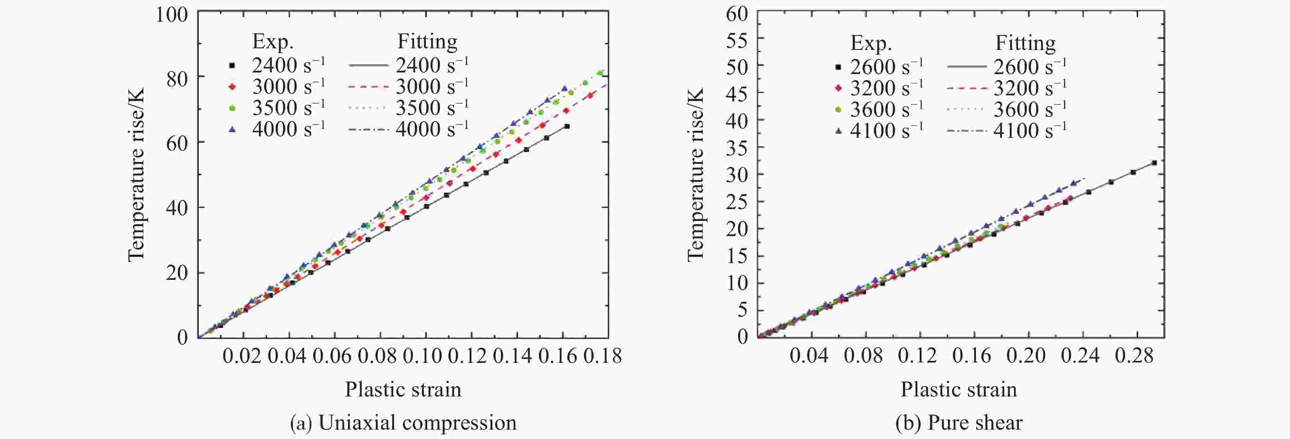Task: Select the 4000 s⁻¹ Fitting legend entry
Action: click(408, 130)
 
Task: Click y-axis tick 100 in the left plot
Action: click(172, 14)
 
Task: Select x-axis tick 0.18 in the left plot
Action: click(602, 356)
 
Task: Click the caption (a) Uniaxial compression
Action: click(403, 423)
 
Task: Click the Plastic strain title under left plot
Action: click(403, 389)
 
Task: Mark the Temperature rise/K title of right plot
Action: click(696, 174)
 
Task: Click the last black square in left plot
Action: click(566, 126)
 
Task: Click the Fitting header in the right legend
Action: click(1025, 43)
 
